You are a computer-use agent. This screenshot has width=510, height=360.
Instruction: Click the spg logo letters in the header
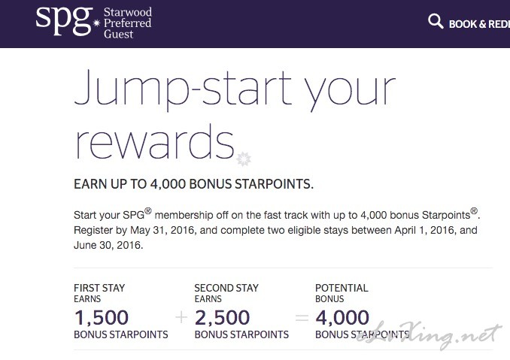63,20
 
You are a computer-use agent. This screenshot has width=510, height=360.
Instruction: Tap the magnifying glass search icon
436,21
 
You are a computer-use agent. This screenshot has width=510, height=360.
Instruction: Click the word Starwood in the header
128,12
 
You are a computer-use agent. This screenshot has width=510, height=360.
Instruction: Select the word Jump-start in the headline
183,89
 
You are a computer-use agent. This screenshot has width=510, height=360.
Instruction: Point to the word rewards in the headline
155,142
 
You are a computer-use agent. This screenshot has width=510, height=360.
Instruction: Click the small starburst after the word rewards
244,159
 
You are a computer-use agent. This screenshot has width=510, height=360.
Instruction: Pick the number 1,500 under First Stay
102,317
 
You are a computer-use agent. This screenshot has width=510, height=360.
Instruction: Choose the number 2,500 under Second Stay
223,317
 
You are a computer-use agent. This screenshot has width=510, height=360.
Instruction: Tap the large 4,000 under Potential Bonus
342,317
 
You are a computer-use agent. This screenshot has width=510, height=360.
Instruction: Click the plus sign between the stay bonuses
181,317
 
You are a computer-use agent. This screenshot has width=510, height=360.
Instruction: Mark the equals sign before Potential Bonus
302,317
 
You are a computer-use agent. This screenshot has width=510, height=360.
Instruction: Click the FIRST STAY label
99,288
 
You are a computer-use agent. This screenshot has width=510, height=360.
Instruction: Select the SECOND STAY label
226,288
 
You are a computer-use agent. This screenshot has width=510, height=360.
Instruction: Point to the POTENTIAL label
342,288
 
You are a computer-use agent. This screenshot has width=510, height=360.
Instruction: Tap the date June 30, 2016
108,245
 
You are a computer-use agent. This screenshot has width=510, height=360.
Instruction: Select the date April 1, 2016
426,231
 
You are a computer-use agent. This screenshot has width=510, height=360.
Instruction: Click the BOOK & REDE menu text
479,24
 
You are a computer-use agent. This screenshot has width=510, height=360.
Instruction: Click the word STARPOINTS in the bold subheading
274,184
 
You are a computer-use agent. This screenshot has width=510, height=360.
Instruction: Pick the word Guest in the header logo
119,34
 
